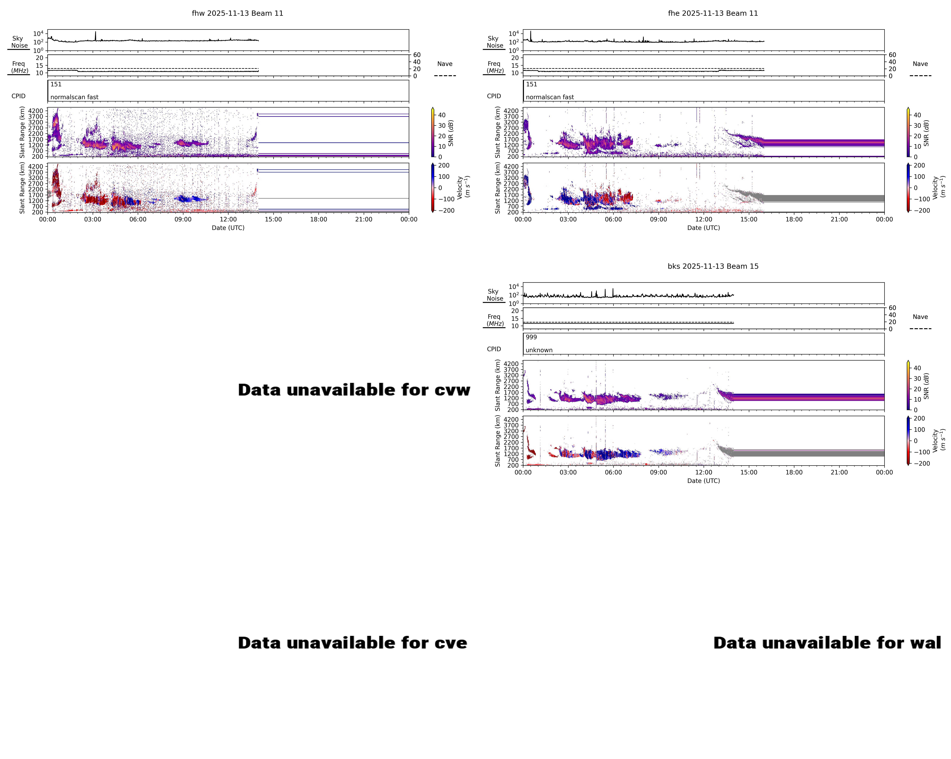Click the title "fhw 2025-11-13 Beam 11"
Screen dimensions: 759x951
(237, 13)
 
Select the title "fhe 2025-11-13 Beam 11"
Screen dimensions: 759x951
(713, 13)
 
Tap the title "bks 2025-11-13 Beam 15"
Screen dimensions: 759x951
(713, 266)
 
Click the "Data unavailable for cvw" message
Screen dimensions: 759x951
(354, 390)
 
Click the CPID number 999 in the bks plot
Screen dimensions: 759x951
(531, 337)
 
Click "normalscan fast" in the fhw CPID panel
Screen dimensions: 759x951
(74, 97)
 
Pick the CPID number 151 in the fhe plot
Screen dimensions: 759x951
(532, 84)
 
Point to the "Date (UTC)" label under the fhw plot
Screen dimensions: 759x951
(228, 228)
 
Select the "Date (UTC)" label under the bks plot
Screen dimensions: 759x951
(704, 480)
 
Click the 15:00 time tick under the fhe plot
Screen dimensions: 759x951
(749, 219)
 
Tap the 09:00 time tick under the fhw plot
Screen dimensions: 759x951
(183, 219)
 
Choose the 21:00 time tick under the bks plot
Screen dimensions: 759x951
(839, 472)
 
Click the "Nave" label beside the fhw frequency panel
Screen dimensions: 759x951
(445, 64)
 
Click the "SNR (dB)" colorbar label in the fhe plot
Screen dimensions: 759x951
(926, 133)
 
